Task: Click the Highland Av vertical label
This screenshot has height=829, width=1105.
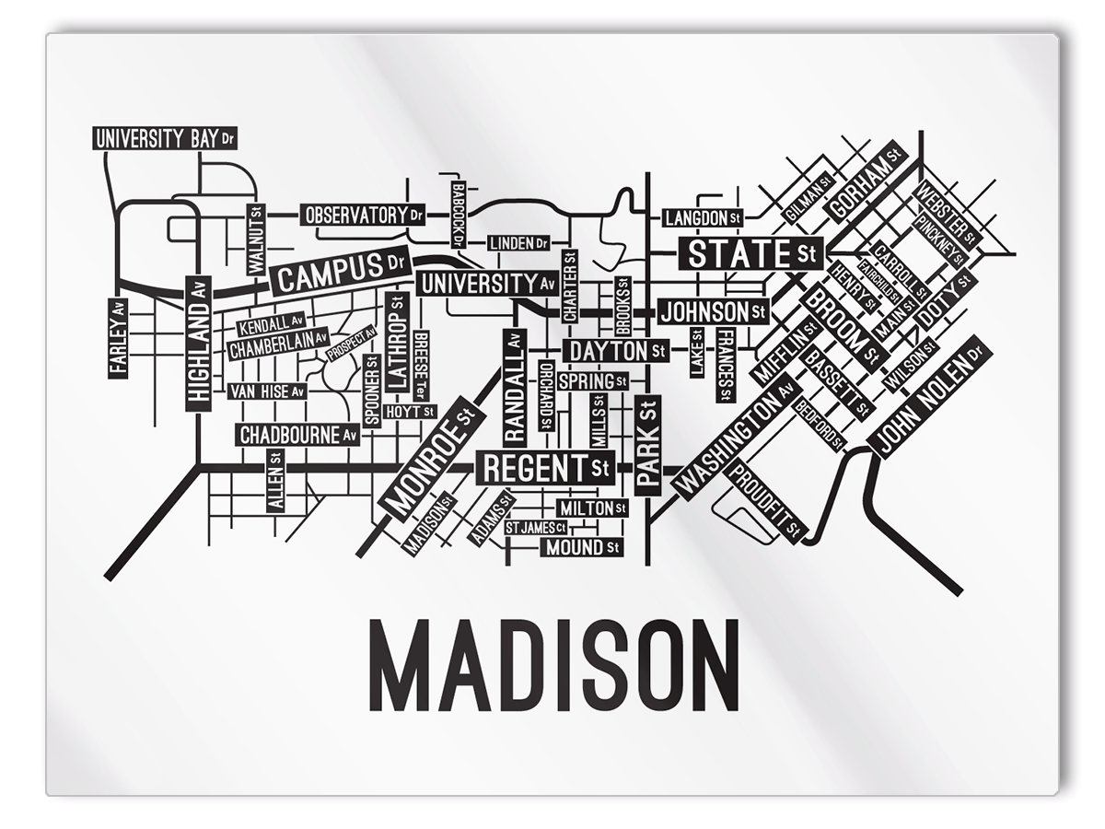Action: [x=199, y=343]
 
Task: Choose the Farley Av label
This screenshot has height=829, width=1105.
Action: [x=118, y=336]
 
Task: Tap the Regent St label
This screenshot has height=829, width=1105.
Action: [x=546, y=468]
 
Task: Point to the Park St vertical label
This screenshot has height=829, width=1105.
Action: [x=647, y=445]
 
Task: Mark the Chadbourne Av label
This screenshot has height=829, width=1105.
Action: [x=297, y=435]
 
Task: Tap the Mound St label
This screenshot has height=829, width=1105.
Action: [x=581, y=548]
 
